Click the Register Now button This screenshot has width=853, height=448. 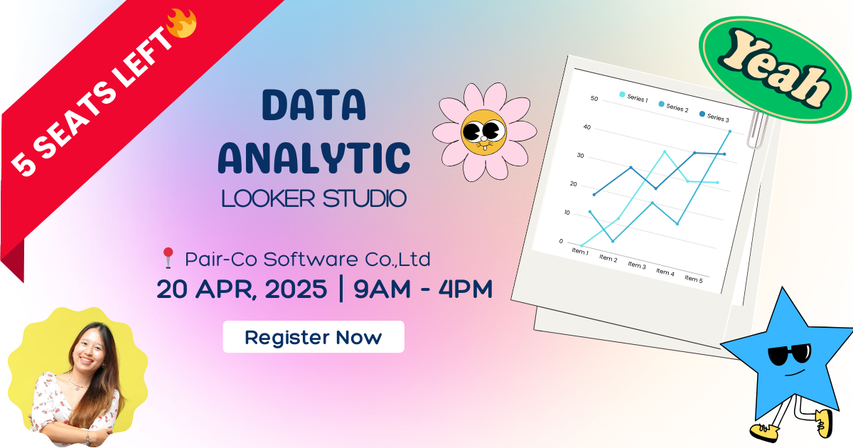[x=313, y=337]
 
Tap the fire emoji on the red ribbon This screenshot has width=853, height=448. [x=181, y=23]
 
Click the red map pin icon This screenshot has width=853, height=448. [x=168, y=258]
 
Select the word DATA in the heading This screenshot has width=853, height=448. [x=314, y=106]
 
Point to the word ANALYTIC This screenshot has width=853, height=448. [x=314, y=157]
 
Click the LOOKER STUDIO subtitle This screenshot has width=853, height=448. [x=314, y=198]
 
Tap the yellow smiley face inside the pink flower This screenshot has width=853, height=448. [x=483, y=132]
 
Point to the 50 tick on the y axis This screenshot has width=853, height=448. [x=594, y=98]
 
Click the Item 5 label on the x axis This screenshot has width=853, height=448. [x=693, y=279]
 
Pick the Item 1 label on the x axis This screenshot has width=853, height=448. [x=579, y=251]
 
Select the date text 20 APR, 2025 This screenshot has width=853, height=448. [x=242, y=289]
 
